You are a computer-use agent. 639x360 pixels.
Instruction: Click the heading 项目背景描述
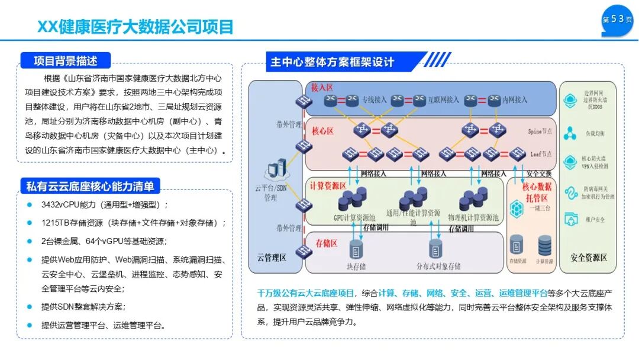coord(65,60)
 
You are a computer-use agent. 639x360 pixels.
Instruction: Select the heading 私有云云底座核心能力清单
coord(90,187)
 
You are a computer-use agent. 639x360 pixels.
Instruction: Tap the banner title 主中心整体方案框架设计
coord(332,62)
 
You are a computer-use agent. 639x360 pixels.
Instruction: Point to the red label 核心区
coord(323,129)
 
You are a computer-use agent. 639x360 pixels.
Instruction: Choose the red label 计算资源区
coord(328,185)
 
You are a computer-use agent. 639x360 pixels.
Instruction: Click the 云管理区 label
coord(271,258)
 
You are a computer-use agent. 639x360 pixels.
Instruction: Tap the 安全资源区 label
coord(588,258)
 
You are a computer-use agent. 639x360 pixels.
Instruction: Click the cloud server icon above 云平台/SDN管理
coord(276,171)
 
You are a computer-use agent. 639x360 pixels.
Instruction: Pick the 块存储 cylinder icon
coord(356,248)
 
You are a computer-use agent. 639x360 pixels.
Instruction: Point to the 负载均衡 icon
coord(571,133)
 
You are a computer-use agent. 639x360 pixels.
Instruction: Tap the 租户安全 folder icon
coord(571,218)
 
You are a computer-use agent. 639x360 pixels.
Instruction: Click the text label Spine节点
coord(540,131)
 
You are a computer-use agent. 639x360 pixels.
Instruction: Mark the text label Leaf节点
coord(540,153)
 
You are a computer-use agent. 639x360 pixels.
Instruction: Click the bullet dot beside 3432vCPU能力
coord(30,205)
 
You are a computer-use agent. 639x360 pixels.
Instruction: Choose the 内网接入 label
coord(514,100)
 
